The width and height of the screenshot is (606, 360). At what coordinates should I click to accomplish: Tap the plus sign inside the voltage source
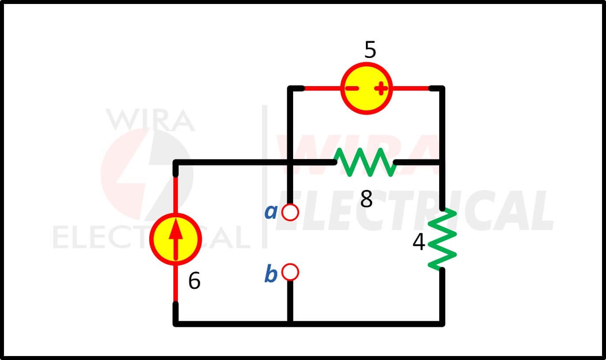point(381,88)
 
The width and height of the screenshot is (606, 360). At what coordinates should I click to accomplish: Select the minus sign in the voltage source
point(352,88)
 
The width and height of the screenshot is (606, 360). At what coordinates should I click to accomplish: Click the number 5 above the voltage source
point(370,49)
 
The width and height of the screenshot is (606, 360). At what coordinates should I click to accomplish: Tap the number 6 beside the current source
point(194,280)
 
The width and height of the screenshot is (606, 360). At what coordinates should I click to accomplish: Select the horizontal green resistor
point(365,162)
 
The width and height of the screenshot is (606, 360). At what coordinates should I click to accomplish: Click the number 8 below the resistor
point(366,199)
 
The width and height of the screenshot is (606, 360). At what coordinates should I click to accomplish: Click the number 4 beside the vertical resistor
point(418,242)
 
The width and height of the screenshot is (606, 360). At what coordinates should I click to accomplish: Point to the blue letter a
point(271,212)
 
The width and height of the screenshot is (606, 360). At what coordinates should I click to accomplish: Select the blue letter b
point(271,273)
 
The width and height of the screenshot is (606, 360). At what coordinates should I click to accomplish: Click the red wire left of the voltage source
point(322,88)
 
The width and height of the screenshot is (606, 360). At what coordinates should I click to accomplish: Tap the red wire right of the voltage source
point(410,88)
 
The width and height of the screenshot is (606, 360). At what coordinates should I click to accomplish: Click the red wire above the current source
point(176,195)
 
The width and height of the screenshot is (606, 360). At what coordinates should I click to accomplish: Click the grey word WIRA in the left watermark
point(151,120)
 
